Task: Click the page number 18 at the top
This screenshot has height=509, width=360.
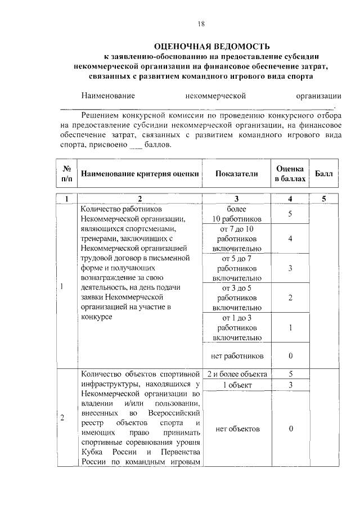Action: coord(202,23)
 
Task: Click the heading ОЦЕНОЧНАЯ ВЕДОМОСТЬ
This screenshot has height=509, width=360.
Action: coord(212,46)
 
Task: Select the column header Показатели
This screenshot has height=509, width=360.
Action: coord(237,174)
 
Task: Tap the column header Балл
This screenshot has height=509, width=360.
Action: coord(323,174)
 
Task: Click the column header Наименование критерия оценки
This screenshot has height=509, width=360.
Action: coord(140,174)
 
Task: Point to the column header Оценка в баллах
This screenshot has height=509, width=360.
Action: coord(290,174)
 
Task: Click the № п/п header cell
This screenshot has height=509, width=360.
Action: coord(66,174)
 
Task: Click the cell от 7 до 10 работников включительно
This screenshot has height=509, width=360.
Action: coord(237,238)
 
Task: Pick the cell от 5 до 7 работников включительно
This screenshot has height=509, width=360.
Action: coord(237,268)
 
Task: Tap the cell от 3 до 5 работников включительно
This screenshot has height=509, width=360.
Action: coord(237,298)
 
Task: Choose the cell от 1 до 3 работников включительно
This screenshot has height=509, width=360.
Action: coord(237,328)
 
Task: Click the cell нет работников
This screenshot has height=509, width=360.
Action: coord(237,356)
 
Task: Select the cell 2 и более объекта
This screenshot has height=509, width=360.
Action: coord(237,374)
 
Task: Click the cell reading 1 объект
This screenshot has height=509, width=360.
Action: coord(237,385)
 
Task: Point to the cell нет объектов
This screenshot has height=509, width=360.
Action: coord(237,429)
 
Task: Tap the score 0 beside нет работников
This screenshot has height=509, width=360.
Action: coord(290,356)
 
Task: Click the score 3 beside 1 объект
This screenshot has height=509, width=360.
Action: coord(290,385)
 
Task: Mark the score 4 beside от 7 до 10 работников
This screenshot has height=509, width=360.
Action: coord(290,238)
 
